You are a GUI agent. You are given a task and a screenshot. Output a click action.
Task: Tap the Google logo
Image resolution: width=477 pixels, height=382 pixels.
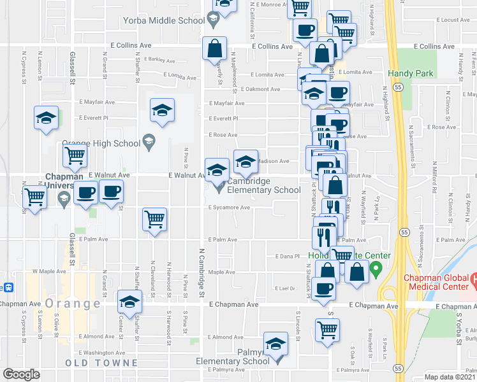point(20,374)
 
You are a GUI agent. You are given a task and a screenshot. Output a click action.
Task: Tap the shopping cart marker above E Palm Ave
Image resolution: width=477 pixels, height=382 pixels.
point(155,220)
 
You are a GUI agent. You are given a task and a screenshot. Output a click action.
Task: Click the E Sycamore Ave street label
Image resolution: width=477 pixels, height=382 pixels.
point(228,208)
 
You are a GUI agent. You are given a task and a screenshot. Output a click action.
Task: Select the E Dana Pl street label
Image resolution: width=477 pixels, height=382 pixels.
point(287,256)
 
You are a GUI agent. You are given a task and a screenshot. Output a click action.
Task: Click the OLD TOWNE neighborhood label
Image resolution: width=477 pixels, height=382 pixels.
point(101,363)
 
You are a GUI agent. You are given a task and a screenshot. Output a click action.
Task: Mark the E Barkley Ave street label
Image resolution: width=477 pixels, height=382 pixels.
point(159,59)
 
